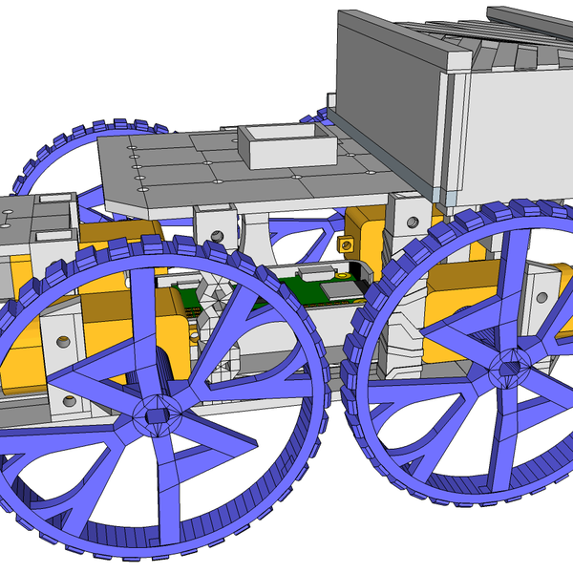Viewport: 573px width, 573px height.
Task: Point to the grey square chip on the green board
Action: click(x=339, y=288)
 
